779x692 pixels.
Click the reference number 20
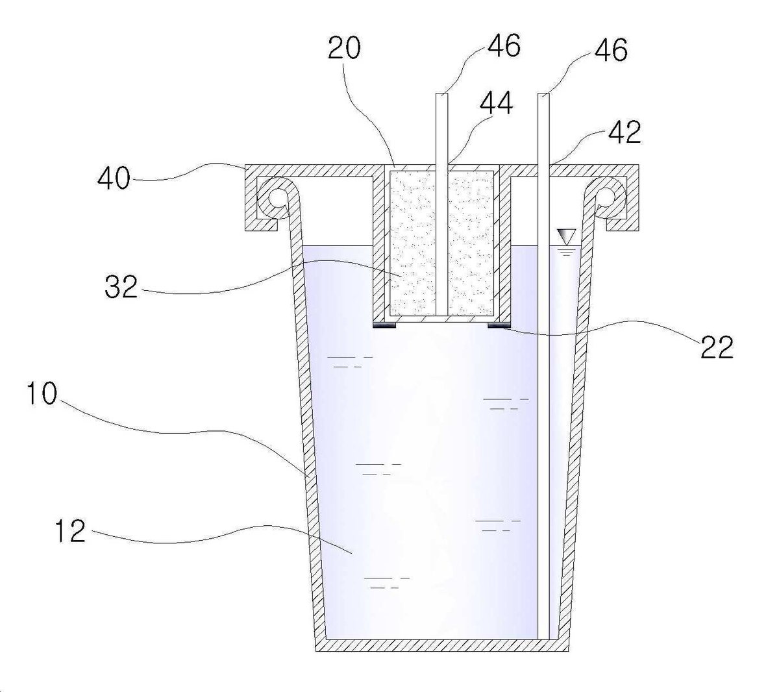click(344, 47)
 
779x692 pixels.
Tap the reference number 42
click(624, 132)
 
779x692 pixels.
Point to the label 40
click(114, 179)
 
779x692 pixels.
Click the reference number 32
click(121, 286)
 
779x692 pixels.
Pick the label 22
click(717, 347)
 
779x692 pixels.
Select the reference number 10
click(42, 393)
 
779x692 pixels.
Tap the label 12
click(70, 530)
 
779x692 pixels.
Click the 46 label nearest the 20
click(504, 45)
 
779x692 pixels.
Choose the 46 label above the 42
click(611, 50)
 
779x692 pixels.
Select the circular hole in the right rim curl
click(605, 198)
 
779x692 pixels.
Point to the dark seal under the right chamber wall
click(499, 326)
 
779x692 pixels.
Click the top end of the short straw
click(442, 94)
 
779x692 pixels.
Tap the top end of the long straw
click(543, 94)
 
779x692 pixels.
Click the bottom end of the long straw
click(543, 639)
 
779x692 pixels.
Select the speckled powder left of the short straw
click(413, 243)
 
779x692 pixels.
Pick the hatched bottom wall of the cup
click(442, 646)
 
